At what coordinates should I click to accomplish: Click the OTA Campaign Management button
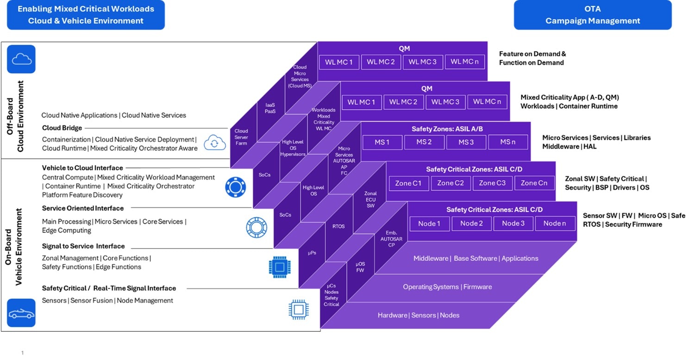coord(592,15)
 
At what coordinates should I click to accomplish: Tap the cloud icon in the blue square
coord(21,59)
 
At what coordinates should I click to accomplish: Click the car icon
coord(21,313)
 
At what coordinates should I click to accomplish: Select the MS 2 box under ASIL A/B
coord(423,142)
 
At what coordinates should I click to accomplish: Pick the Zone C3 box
coord(492,183)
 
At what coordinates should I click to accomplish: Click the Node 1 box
coord(429,223)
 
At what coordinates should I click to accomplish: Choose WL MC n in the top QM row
coord(464,62)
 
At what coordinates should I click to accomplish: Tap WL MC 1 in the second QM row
coord(361,102)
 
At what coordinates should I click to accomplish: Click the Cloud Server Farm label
coord(241,137)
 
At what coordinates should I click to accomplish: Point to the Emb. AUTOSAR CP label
coord(391,239)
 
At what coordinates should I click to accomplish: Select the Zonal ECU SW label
coord(370,199)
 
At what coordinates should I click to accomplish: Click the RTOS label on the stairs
coord(338,227)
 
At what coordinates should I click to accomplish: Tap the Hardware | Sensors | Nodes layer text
coord(418,315)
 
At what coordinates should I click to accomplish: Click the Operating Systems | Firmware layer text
coord(440,287)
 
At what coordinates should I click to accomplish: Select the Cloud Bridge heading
coord(62,128)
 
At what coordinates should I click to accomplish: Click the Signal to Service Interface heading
coord(83,246)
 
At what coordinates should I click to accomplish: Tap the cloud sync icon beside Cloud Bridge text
coord(214,143)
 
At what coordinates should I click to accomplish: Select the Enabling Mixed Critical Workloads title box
coord(86,15)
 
